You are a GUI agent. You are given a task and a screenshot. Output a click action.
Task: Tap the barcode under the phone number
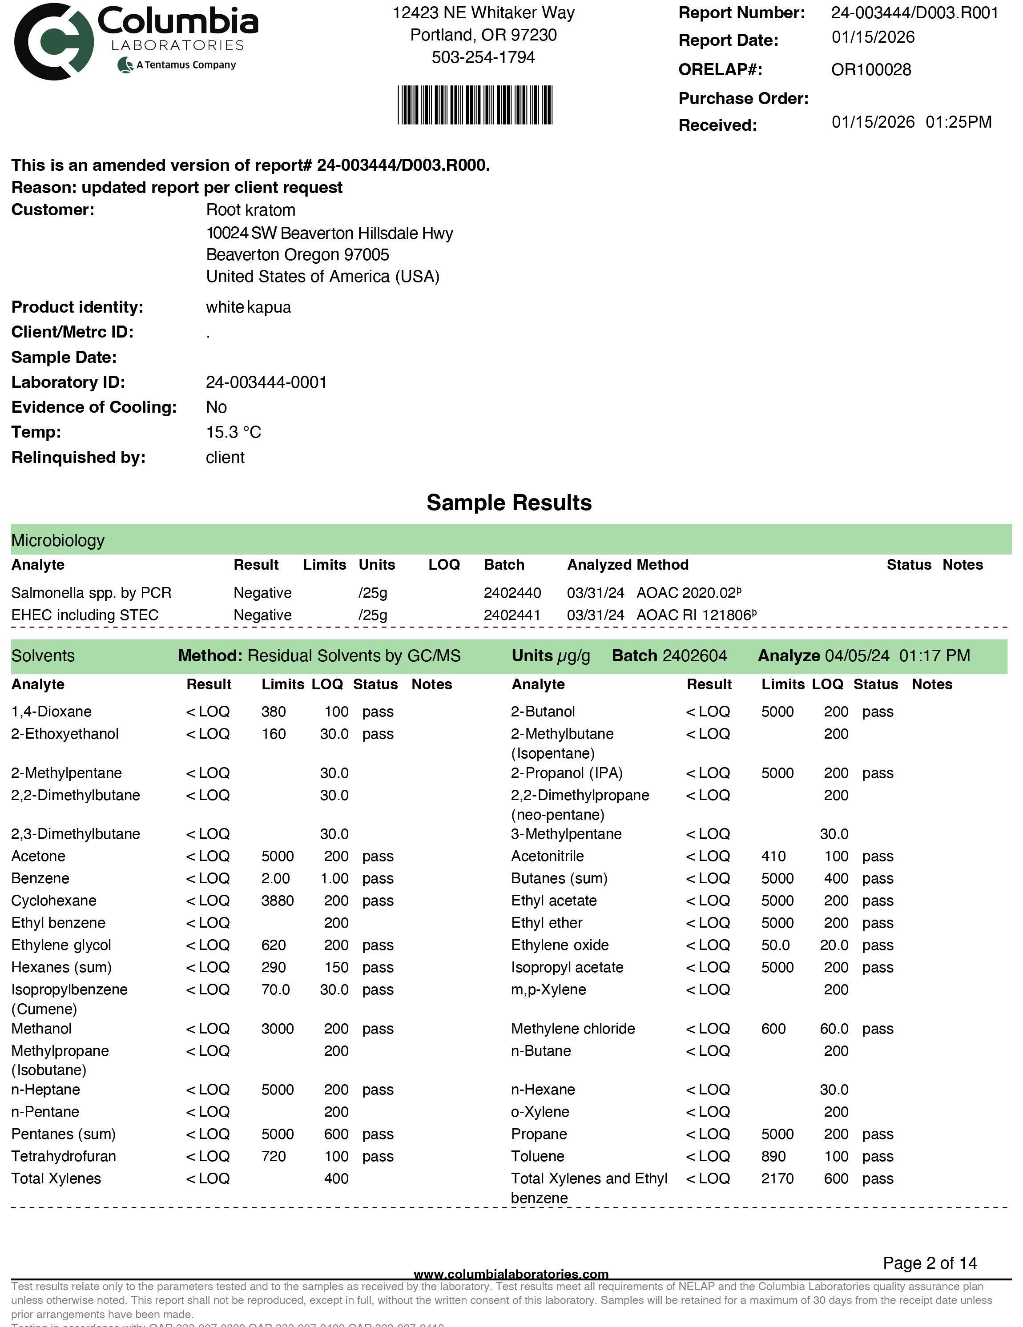(475, 105)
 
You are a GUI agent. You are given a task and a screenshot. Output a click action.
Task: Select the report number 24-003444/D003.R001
(914, 13)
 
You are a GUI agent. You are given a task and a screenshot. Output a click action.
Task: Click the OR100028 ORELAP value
(870, 70)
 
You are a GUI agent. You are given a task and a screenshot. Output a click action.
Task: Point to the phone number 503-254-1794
(483, 57)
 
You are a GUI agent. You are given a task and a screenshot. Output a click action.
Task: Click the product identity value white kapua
(248, 307)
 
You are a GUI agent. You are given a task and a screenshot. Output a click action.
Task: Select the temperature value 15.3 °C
(234, 433)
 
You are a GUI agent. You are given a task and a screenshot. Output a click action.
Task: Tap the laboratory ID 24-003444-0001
(266, 383)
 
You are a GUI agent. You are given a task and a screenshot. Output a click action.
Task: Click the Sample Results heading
(509, 503)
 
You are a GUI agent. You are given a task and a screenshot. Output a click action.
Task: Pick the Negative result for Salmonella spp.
(262, 593)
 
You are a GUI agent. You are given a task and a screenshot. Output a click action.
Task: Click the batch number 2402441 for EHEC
(512, 615)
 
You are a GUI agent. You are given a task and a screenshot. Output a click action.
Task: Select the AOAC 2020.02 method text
(688, 593)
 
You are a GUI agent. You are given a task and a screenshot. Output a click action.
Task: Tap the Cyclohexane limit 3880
(277, 901)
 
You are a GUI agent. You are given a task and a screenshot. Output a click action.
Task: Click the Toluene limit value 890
(773, 1156)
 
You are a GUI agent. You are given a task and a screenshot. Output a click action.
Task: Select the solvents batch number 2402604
(694, 656)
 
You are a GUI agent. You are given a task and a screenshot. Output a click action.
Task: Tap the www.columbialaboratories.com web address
(511, 1274)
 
